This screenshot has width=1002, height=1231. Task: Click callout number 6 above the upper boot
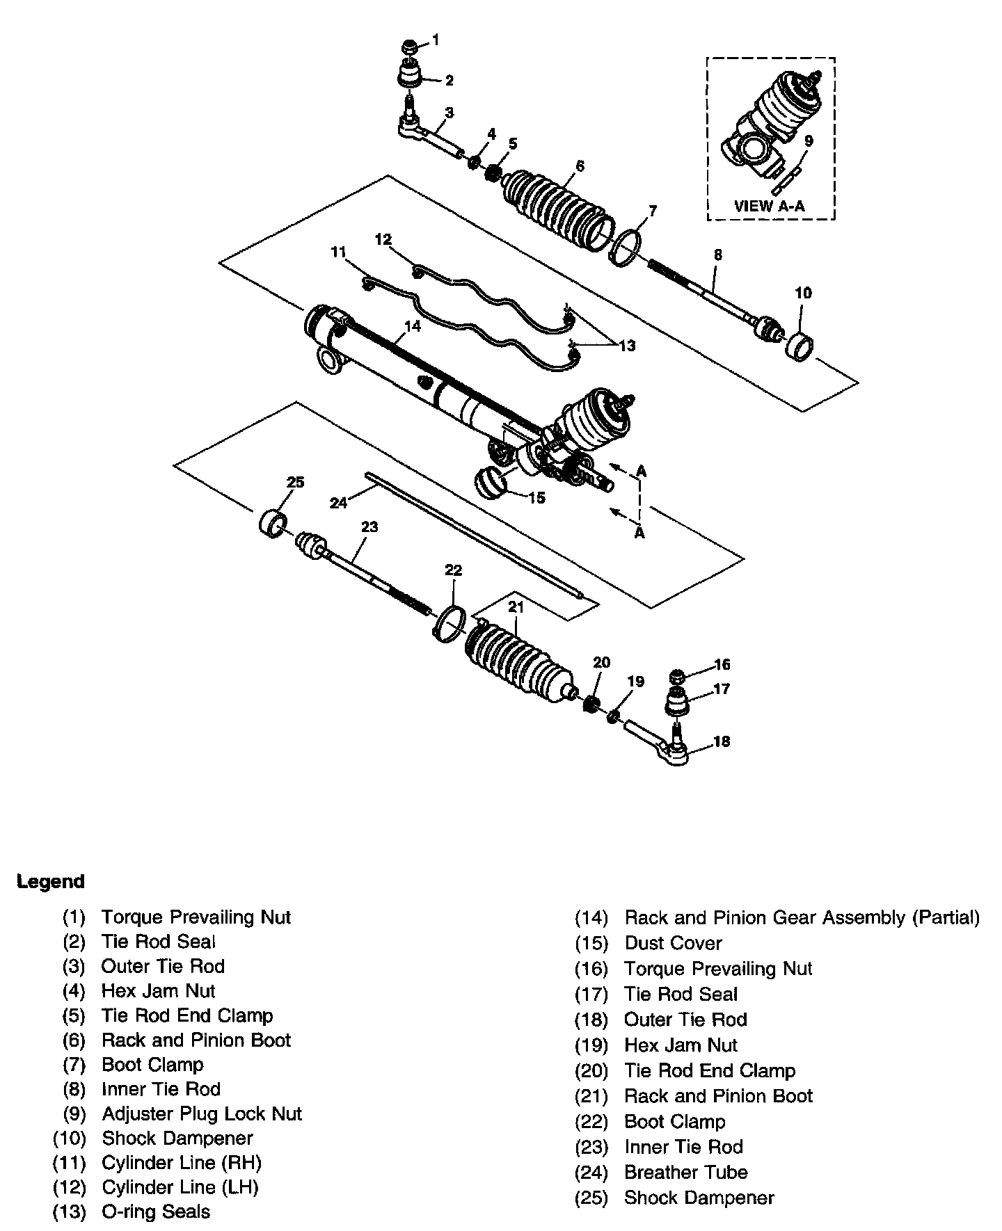click(580, 166)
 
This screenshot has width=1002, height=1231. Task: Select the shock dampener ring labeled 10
click(800, 346)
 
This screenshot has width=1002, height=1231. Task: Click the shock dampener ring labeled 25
click(272, 522)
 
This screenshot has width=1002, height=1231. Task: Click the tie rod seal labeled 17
click(677, 700)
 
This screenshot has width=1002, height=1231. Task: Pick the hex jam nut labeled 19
click(614, 716)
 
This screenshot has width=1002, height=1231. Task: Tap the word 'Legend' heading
click(51, 881)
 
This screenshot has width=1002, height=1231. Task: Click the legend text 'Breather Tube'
click(685, 1172)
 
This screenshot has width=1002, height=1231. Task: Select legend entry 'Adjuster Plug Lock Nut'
click(202, 1113)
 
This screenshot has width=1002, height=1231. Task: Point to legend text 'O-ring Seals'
click(156, 1212)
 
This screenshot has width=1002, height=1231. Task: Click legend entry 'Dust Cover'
click(673, 943)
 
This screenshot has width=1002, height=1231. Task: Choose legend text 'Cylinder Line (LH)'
click(180, 1186)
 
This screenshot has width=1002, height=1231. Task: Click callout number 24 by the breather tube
click(338, 502)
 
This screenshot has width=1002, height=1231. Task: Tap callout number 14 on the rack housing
click(413, 325)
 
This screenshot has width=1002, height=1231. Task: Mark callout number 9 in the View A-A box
click(808, 141)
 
